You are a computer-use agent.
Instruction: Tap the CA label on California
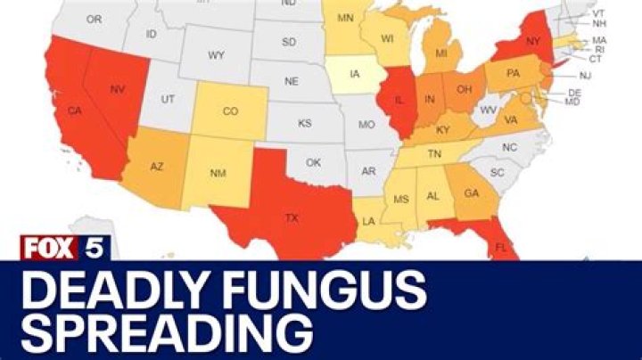pyautogui.click(x=75, y=113)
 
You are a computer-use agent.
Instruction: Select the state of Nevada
pyautogui.click(x=117, y=90)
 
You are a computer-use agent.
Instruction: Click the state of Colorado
pyautogui.click(x=230, y=111)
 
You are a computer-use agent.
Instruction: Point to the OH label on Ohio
pyautogui.click(x=465, y=90)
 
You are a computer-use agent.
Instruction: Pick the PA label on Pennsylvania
pyautogui.click(x=514, y=75)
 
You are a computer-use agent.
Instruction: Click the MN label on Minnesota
pyautogui.click(x=344, y=19)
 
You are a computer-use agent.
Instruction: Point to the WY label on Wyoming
pyautogui.click(x=216, y=55)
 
